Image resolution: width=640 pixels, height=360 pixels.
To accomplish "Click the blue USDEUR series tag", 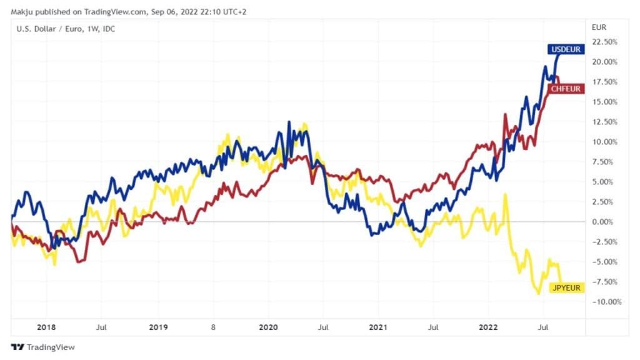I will (566, 49).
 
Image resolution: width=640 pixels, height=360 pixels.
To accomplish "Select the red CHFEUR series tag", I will (566, 89).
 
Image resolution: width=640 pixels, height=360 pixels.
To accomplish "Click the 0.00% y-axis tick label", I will (606, 222).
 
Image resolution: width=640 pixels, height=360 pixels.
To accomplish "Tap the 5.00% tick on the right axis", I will (606, 182).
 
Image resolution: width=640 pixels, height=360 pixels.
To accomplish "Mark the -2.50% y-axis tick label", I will (605, 242).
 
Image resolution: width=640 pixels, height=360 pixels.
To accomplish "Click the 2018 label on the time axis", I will (46, 327).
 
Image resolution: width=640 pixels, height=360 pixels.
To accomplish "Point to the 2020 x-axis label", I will (268, 327).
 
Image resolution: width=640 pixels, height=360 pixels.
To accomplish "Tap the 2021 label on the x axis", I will (379, 327).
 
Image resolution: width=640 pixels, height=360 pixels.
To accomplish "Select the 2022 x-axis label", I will (489, 327).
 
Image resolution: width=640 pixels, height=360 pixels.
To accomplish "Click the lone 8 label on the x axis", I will (212, 327).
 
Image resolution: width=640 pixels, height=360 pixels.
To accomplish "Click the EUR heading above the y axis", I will (599, 28).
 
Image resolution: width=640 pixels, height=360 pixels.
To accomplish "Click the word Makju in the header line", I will (22, 8).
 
